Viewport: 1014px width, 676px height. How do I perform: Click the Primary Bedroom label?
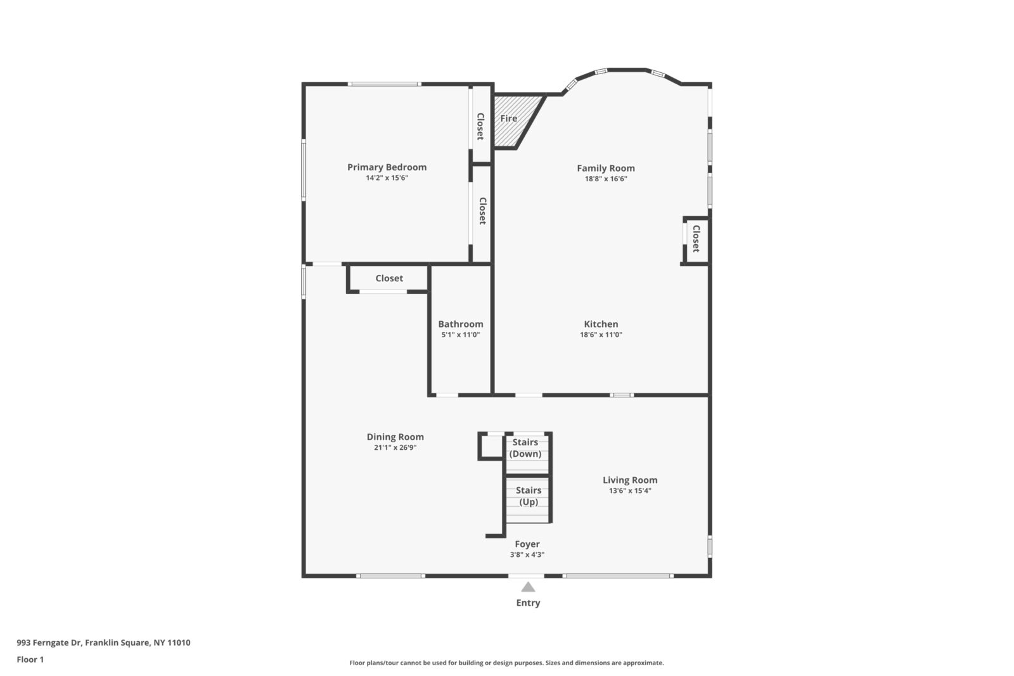[387, 167]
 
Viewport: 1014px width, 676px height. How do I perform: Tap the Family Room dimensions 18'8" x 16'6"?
[606, 179]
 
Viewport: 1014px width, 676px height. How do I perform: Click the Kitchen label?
[601, 324]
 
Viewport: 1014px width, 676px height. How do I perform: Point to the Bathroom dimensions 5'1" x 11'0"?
[460, 335]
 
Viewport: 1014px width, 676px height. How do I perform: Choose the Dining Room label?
[395, 437]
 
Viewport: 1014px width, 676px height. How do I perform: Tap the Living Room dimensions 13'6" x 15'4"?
[630, 490]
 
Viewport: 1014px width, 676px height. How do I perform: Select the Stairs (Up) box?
[527, 499]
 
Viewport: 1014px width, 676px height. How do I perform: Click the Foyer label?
[527, 544]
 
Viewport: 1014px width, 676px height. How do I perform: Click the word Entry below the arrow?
[529, 603]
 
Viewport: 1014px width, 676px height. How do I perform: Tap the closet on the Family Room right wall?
[696, 240]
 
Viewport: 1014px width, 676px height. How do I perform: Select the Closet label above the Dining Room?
[389, 278]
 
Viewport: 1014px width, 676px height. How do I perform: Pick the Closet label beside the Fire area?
[481, 126]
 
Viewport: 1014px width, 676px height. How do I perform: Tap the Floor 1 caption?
[30, 660]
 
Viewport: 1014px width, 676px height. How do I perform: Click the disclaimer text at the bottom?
[506, 663]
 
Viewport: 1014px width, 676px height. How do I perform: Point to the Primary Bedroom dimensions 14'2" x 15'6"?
[387, 178]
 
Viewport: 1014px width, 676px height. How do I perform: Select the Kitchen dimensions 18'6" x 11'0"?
[601, 335]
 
